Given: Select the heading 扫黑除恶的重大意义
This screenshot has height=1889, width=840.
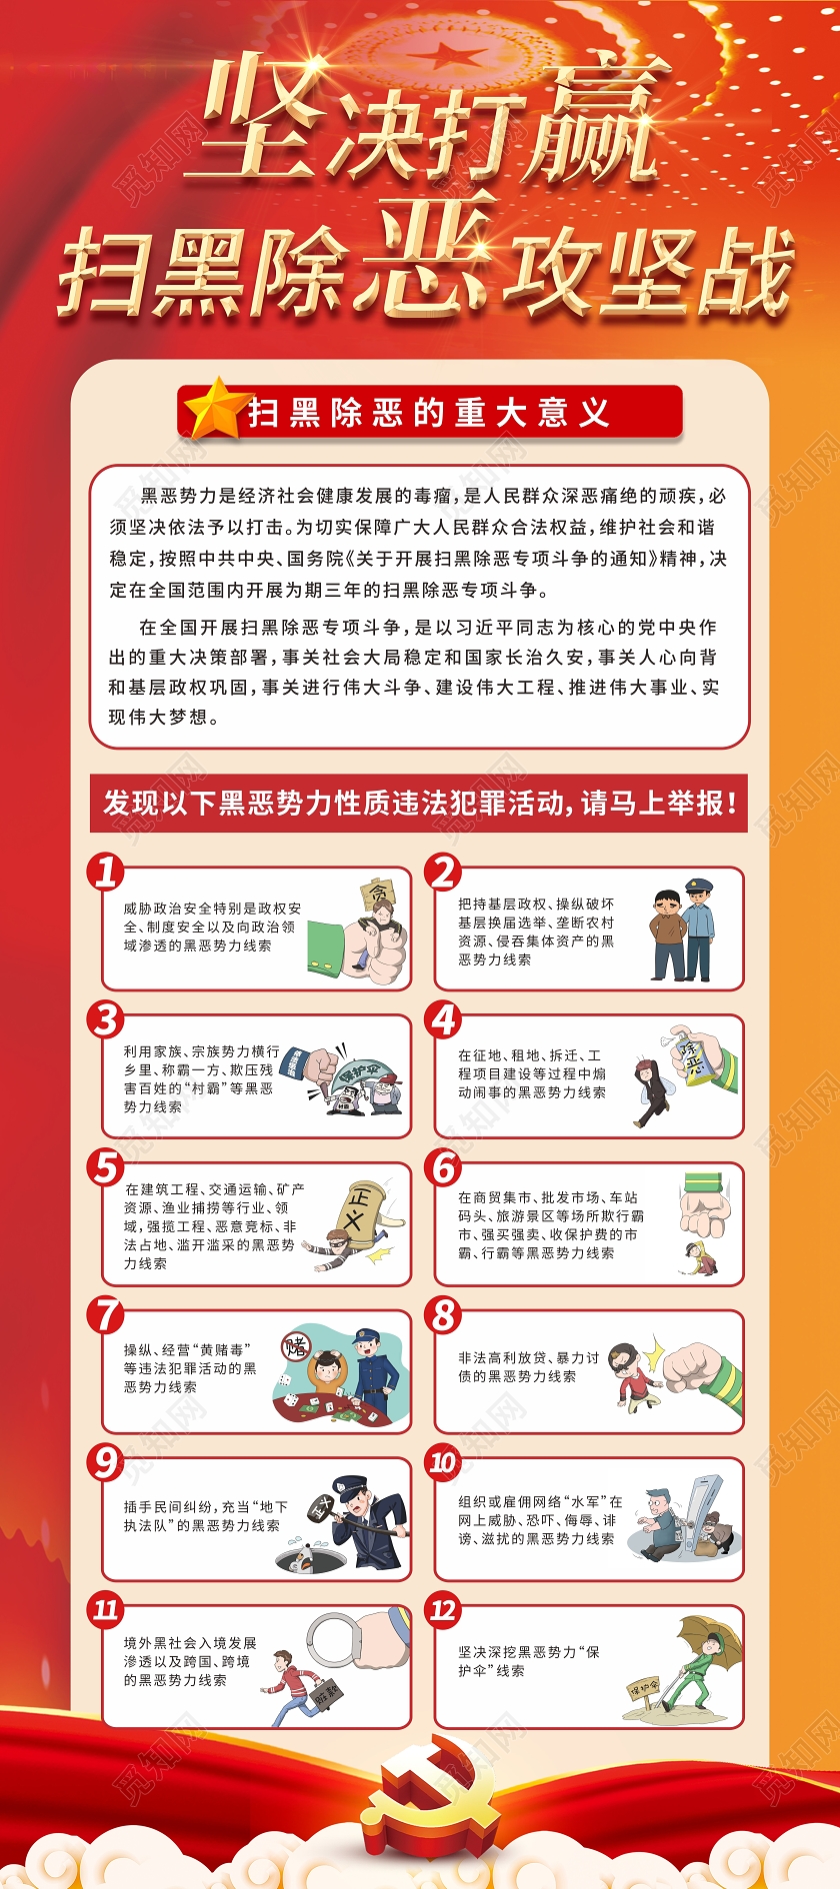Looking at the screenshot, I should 430,412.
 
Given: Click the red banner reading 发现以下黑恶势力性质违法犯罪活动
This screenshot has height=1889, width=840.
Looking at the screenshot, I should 419,803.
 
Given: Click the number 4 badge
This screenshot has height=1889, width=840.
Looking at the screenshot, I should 444,1020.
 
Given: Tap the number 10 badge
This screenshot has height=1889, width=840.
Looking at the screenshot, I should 442,1463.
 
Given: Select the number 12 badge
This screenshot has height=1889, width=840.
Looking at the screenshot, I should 443,1610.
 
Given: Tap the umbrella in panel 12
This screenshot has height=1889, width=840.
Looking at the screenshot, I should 712,1638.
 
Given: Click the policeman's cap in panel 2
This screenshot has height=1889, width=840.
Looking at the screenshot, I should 699,886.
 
